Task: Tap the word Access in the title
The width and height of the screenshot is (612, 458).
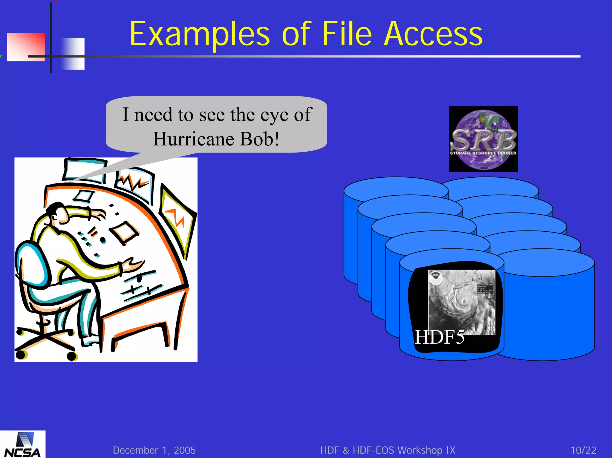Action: click(x=433, y=34)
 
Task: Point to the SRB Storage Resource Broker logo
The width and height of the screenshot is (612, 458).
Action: click(x=483, y=139)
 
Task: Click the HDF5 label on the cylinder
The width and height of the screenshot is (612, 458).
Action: click(x=439, y=337)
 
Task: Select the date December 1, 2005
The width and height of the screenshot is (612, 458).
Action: click(x=154, y=450)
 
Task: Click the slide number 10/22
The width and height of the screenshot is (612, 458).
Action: click(x=583, y=450)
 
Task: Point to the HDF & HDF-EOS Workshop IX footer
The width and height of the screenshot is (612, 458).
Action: click(x=388, y=450)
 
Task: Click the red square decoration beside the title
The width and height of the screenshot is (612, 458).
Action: click(x=26, y=47)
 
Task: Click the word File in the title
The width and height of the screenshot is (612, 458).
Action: click(x=347, y=34)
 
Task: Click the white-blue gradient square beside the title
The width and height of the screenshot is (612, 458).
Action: click(x=73, y=54)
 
